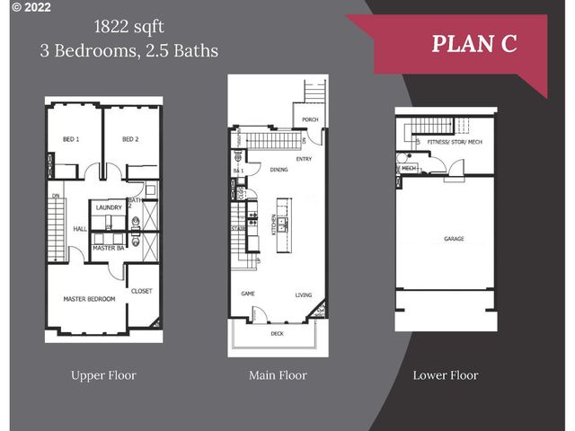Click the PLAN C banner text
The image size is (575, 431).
(474, 43)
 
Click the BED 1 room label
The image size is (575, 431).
(71, 139)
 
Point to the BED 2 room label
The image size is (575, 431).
(130, 139)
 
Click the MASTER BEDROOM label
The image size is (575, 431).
(89, 298)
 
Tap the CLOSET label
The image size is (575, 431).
(142, 291)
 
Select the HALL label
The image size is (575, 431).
(80, 229)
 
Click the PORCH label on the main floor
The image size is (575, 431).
(310, 119)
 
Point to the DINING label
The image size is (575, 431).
(279, 170)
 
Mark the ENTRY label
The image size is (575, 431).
(304, 160)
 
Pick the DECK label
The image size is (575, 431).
(279, 333)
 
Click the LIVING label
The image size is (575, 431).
(304, 295)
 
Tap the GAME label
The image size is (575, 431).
(248, 294)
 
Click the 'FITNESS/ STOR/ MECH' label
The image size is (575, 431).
(455, 142)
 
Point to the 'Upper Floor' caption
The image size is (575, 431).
(103, 375)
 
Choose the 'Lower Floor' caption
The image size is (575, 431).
(445, 375)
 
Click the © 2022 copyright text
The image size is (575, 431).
(26, 7)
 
